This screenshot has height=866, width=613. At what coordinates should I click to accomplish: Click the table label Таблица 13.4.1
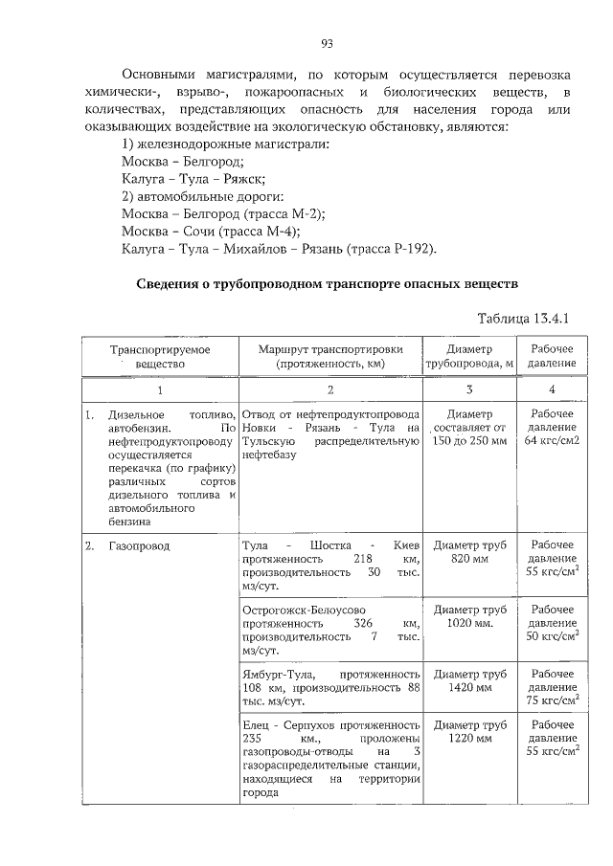[528, 317]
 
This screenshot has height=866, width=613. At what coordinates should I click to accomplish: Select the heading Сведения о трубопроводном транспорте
[327, 284]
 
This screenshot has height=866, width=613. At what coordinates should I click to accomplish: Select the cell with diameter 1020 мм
[469, 615]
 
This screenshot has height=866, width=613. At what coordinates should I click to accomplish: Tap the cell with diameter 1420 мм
[469, 679]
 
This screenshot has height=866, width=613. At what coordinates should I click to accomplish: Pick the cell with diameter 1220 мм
[469, 732]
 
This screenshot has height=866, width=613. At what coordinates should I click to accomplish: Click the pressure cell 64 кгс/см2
[552, 427]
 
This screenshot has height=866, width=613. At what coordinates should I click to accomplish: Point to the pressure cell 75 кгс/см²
[552, 686]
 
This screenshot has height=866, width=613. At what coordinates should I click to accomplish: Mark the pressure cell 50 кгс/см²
[552, 622]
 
